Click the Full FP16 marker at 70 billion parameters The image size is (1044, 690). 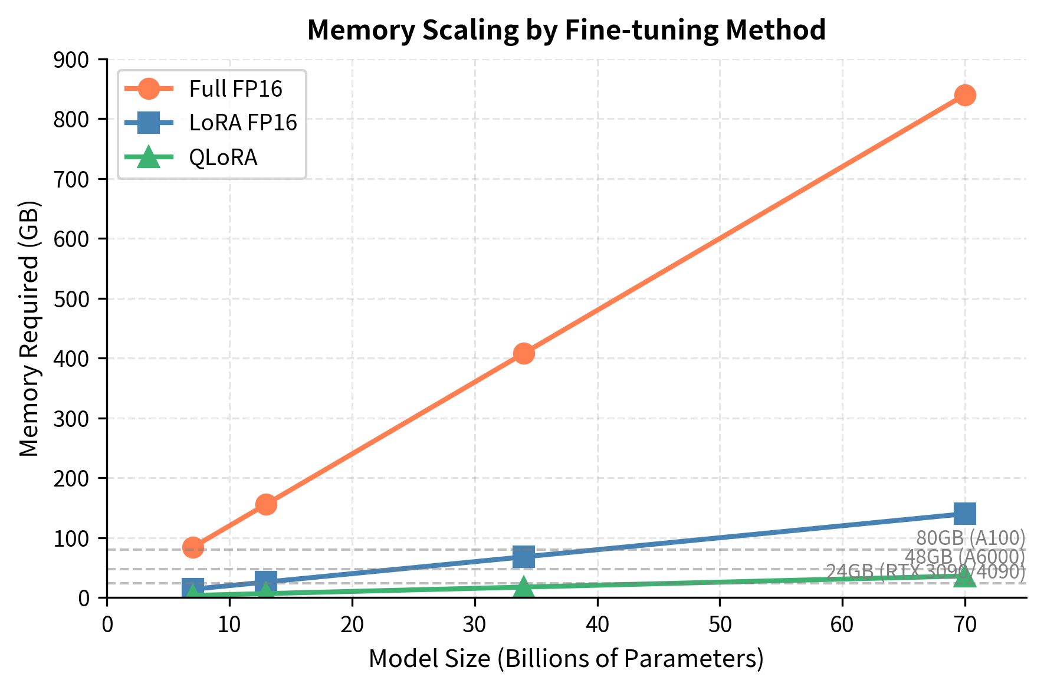(x=965, y=95)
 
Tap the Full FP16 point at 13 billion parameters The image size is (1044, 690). (x=266, y=504)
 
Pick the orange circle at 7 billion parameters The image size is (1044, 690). (x=193, y=547)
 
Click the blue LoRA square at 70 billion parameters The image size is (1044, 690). (x=965, y=514)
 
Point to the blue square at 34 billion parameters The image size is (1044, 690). (x=524, y=556)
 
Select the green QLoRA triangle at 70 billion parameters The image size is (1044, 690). (x=965, y=577)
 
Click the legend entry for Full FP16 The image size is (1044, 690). (x=235, y=89)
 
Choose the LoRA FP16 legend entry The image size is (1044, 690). (x=242, y=123)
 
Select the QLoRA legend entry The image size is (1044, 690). (x=223, y=157)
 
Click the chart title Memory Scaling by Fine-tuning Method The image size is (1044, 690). (x=566, y=30)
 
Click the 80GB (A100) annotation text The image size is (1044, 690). (x=971, y=538)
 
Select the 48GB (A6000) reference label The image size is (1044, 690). (x=965, y=556)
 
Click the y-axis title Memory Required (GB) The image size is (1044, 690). (x=29, y=328)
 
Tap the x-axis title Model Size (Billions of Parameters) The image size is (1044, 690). (x=566, y=659)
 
